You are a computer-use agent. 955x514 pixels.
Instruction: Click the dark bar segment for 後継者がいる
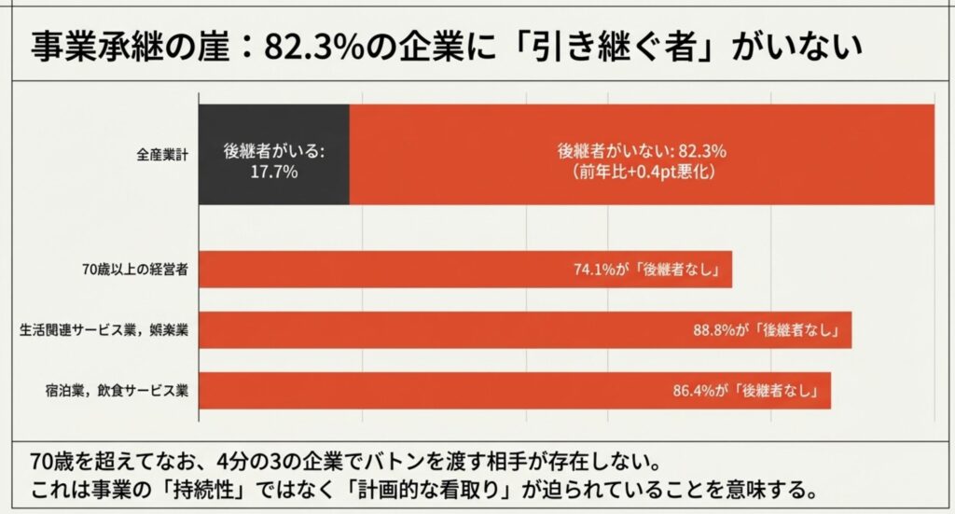click(x=273, y=154)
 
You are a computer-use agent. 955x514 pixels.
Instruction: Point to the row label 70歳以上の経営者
click(x=136, y=271)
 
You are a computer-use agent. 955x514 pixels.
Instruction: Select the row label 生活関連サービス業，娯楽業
click(x=104, y=330)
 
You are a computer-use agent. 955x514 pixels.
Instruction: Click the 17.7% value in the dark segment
click(x=273, y=174)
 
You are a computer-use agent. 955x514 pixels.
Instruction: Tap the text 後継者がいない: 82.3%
click(x=642, y=150)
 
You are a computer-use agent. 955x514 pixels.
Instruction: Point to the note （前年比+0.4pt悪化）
click(x=642, y=173)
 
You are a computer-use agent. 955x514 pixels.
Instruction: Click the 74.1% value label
click(x=593, y=271)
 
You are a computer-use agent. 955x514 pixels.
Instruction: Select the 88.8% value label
click(x=713, y=330)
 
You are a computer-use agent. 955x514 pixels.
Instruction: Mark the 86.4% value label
click(x=693, y=391)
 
